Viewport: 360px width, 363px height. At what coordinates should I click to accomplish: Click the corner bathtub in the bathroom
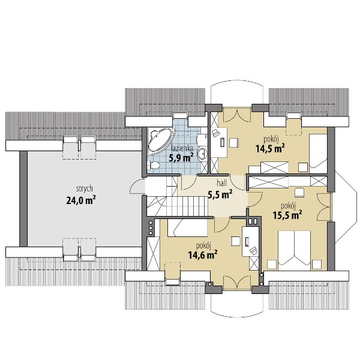click(x=160, y=140)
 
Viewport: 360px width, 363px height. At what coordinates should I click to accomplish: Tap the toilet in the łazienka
click(x=154, y=166)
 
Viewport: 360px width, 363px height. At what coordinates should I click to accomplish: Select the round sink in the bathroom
click(x=203, y=153)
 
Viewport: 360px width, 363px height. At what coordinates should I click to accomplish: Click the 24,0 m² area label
click(x=81, y=200)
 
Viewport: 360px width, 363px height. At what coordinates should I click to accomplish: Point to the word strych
click(x=85, y=188)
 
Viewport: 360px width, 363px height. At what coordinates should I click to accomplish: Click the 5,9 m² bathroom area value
click(x=181, y=158)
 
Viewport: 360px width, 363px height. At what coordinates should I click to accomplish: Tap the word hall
click(x=222, y=183)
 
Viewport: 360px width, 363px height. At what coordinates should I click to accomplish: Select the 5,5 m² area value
click(x=220, y=194)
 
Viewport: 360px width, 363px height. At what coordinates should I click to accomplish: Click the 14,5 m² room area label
click(x=270, y=149)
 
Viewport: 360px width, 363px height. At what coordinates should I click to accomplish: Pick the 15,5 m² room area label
click(x=287, y=215)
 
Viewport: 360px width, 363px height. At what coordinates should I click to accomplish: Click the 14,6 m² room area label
click(x=203, y=255)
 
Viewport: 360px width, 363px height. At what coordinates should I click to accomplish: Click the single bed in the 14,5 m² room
click(x=318, y=151)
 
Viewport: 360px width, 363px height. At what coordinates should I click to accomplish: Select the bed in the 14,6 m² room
click(x=187, y=228)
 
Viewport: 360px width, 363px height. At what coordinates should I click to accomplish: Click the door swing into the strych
click(x=137, y=187)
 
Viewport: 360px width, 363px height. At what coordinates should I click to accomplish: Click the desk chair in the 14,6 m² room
click(x=235, y=241)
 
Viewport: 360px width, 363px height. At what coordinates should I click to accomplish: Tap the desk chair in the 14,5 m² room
click(x=234, y=143)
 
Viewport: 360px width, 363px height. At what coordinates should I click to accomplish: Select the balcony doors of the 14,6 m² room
click(x=237, y=283)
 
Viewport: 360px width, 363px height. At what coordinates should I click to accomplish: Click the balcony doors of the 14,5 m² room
click(x=237, y=115)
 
